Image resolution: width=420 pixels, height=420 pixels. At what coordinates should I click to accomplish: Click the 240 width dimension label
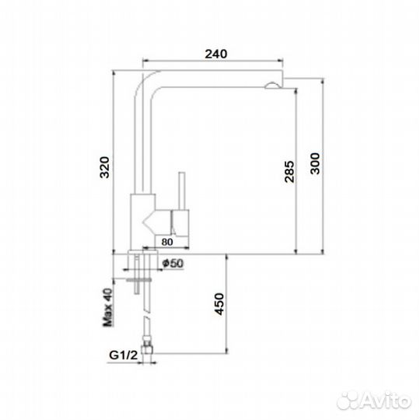[x=216, y=54]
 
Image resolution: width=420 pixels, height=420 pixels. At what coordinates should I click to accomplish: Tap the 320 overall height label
[x=104, y=167]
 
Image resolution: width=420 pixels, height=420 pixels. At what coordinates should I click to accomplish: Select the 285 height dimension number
[x=289, y=172]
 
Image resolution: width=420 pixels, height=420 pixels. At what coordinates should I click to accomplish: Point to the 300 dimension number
[x=315, y=163]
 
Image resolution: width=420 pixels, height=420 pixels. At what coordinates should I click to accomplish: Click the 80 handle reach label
[x=167, y=242]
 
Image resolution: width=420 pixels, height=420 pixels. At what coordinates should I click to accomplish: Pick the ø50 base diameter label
[x=173, y=264]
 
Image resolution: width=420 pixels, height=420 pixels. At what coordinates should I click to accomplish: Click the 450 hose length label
[x=219, y=304]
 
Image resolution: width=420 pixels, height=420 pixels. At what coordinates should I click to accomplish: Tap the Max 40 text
[x=108, y=307]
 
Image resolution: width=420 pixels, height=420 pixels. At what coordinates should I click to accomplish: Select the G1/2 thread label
[x=123, y=355]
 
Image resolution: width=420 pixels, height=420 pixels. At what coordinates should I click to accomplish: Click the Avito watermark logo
[x=374, y=401]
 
